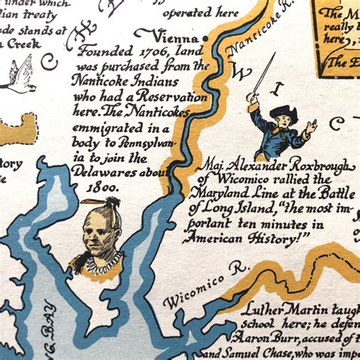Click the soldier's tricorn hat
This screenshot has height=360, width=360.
(x=283, y=112)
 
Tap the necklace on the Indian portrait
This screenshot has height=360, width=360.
(x=99, y=261)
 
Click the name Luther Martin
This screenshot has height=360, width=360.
(x=276, y=311)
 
